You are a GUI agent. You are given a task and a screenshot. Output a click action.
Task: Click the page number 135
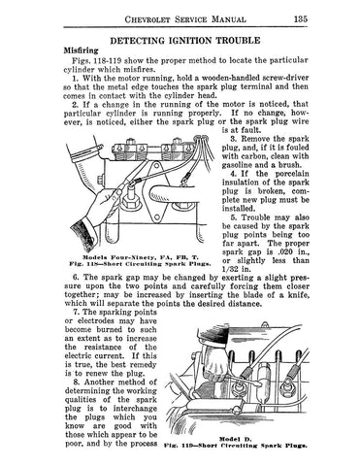tap(301, 19)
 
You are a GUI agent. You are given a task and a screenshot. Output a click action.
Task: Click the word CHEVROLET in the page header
tap(147, 19)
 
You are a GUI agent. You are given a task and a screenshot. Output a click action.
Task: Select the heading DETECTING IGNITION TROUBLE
tap(185, 41)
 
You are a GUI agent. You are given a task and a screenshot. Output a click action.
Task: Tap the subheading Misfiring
tap(81, 50)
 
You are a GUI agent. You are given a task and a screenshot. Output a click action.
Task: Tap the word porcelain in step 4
tap(292, 174)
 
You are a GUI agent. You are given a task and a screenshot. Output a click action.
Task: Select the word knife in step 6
tap(300, 295)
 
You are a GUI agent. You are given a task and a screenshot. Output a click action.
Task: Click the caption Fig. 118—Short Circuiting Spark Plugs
tap(140, 264)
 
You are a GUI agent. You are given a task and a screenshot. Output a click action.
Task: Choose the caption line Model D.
tap(236, 439)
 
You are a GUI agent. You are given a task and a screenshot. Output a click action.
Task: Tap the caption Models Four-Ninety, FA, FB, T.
tap(140, 257)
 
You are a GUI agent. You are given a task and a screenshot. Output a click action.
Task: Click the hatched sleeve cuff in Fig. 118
tap(84, 234)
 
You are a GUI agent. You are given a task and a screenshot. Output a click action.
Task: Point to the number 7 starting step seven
tap(77, 313)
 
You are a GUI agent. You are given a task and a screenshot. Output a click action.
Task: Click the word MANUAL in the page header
tap(228, 19)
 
